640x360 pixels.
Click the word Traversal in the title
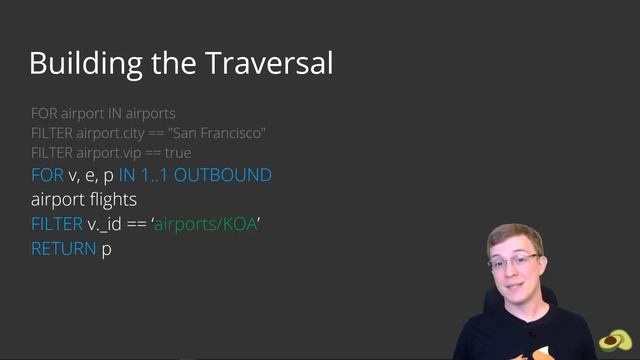(x=269, y=62)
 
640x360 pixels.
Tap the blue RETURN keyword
(x=64, y=249)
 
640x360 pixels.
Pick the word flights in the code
(x=113, y=200)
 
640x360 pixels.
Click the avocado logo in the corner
(x=614, y=340)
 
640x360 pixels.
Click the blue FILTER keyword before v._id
(x=56, y=224)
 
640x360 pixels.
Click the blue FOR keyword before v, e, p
(x=47, y=175)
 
